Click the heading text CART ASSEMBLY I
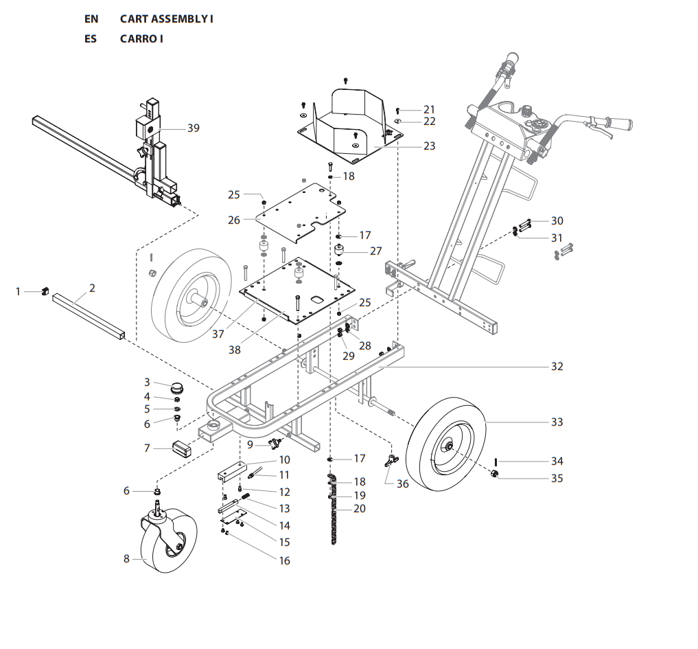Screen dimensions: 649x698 166,19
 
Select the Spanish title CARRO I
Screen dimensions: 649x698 141,38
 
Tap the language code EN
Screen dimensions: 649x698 91,19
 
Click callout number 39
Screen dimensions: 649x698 193,128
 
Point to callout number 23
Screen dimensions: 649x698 429,146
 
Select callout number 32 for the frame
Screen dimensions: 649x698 557,366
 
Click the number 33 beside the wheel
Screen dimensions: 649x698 557,422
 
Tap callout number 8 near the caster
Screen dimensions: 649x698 126,559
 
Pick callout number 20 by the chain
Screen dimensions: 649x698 360,509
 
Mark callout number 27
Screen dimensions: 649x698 375,251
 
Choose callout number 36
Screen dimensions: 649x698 402,484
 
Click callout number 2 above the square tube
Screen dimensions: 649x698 92,288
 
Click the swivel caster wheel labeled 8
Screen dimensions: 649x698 169,540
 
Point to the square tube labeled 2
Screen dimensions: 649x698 89,317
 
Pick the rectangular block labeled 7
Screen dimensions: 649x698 183,449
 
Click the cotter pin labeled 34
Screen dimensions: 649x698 495,462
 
